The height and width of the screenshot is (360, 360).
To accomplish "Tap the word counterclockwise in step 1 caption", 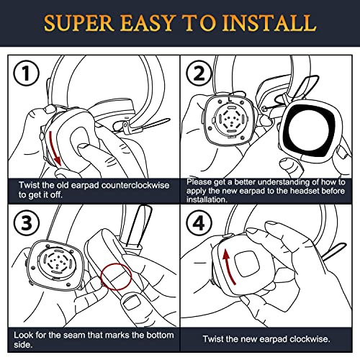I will pos(132,185).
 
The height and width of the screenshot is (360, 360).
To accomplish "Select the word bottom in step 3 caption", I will pos(155,336).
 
